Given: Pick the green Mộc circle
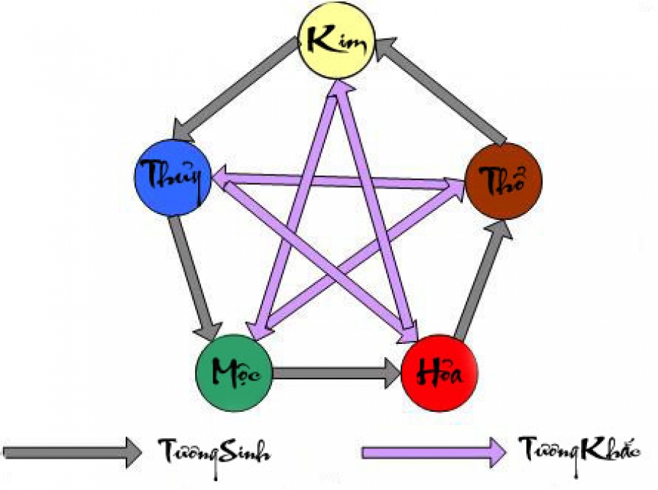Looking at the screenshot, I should (x=234, y=372).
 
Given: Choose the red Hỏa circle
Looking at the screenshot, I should (x=439, y=372).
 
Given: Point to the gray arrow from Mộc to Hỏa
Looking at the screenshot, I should (x=336, y=373).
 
